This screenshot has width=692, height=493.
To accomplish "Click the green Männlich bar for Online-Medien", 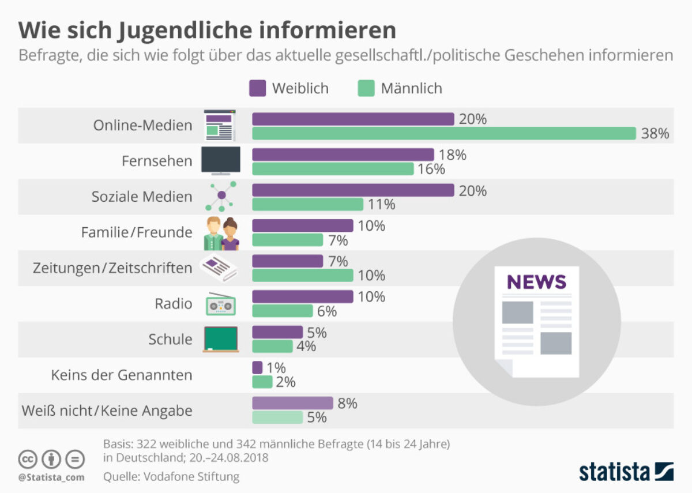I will (x=444, y=134).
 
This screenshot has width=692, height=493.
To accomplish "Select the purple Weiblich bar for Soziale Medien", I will (x=353, y=190).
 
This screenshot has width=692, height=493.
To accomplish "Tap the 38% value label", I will (x=655, y=134).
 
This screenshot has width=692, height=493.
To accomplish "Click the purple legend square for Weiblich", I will (x=258, y=88).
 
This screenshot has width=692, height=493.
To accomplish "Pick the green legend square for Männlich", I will (x=366, y=88).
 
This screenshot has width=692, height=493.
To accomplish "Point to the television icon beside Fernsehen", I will (x=220, y=160).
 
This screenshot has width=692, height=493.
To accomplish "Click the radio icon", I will (x=220, y=304).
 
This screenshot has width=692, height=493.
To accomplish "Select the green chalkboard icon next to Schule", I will (x=220, y=339).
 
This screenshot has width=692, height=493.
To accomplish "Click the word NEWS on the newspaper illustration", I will (x=536, y=282).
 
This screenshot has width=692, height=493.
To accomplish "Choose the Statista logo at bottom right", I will (x=626, y=471).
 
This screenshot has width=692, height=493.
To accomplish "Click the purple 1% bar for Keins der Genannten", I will (x=257, y=367).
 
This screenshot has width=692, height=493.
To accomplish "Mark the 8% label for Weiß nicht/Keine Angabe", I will (x=347, y=404).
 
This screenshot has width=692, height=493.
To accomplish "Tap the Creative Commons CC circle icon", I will (x=28, y=460).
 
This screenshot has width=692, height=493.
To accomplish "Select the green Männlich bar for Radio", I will (x=282, y=311).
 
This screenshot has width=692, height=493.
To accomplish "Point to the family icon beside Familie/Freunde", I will (x=221, y=233).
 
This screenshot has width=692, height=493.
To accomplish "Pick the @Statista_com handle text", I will (x=51, y=477).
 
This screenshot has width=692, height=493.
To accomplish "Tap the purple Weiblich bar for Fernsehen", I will (x=343, y=155).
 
